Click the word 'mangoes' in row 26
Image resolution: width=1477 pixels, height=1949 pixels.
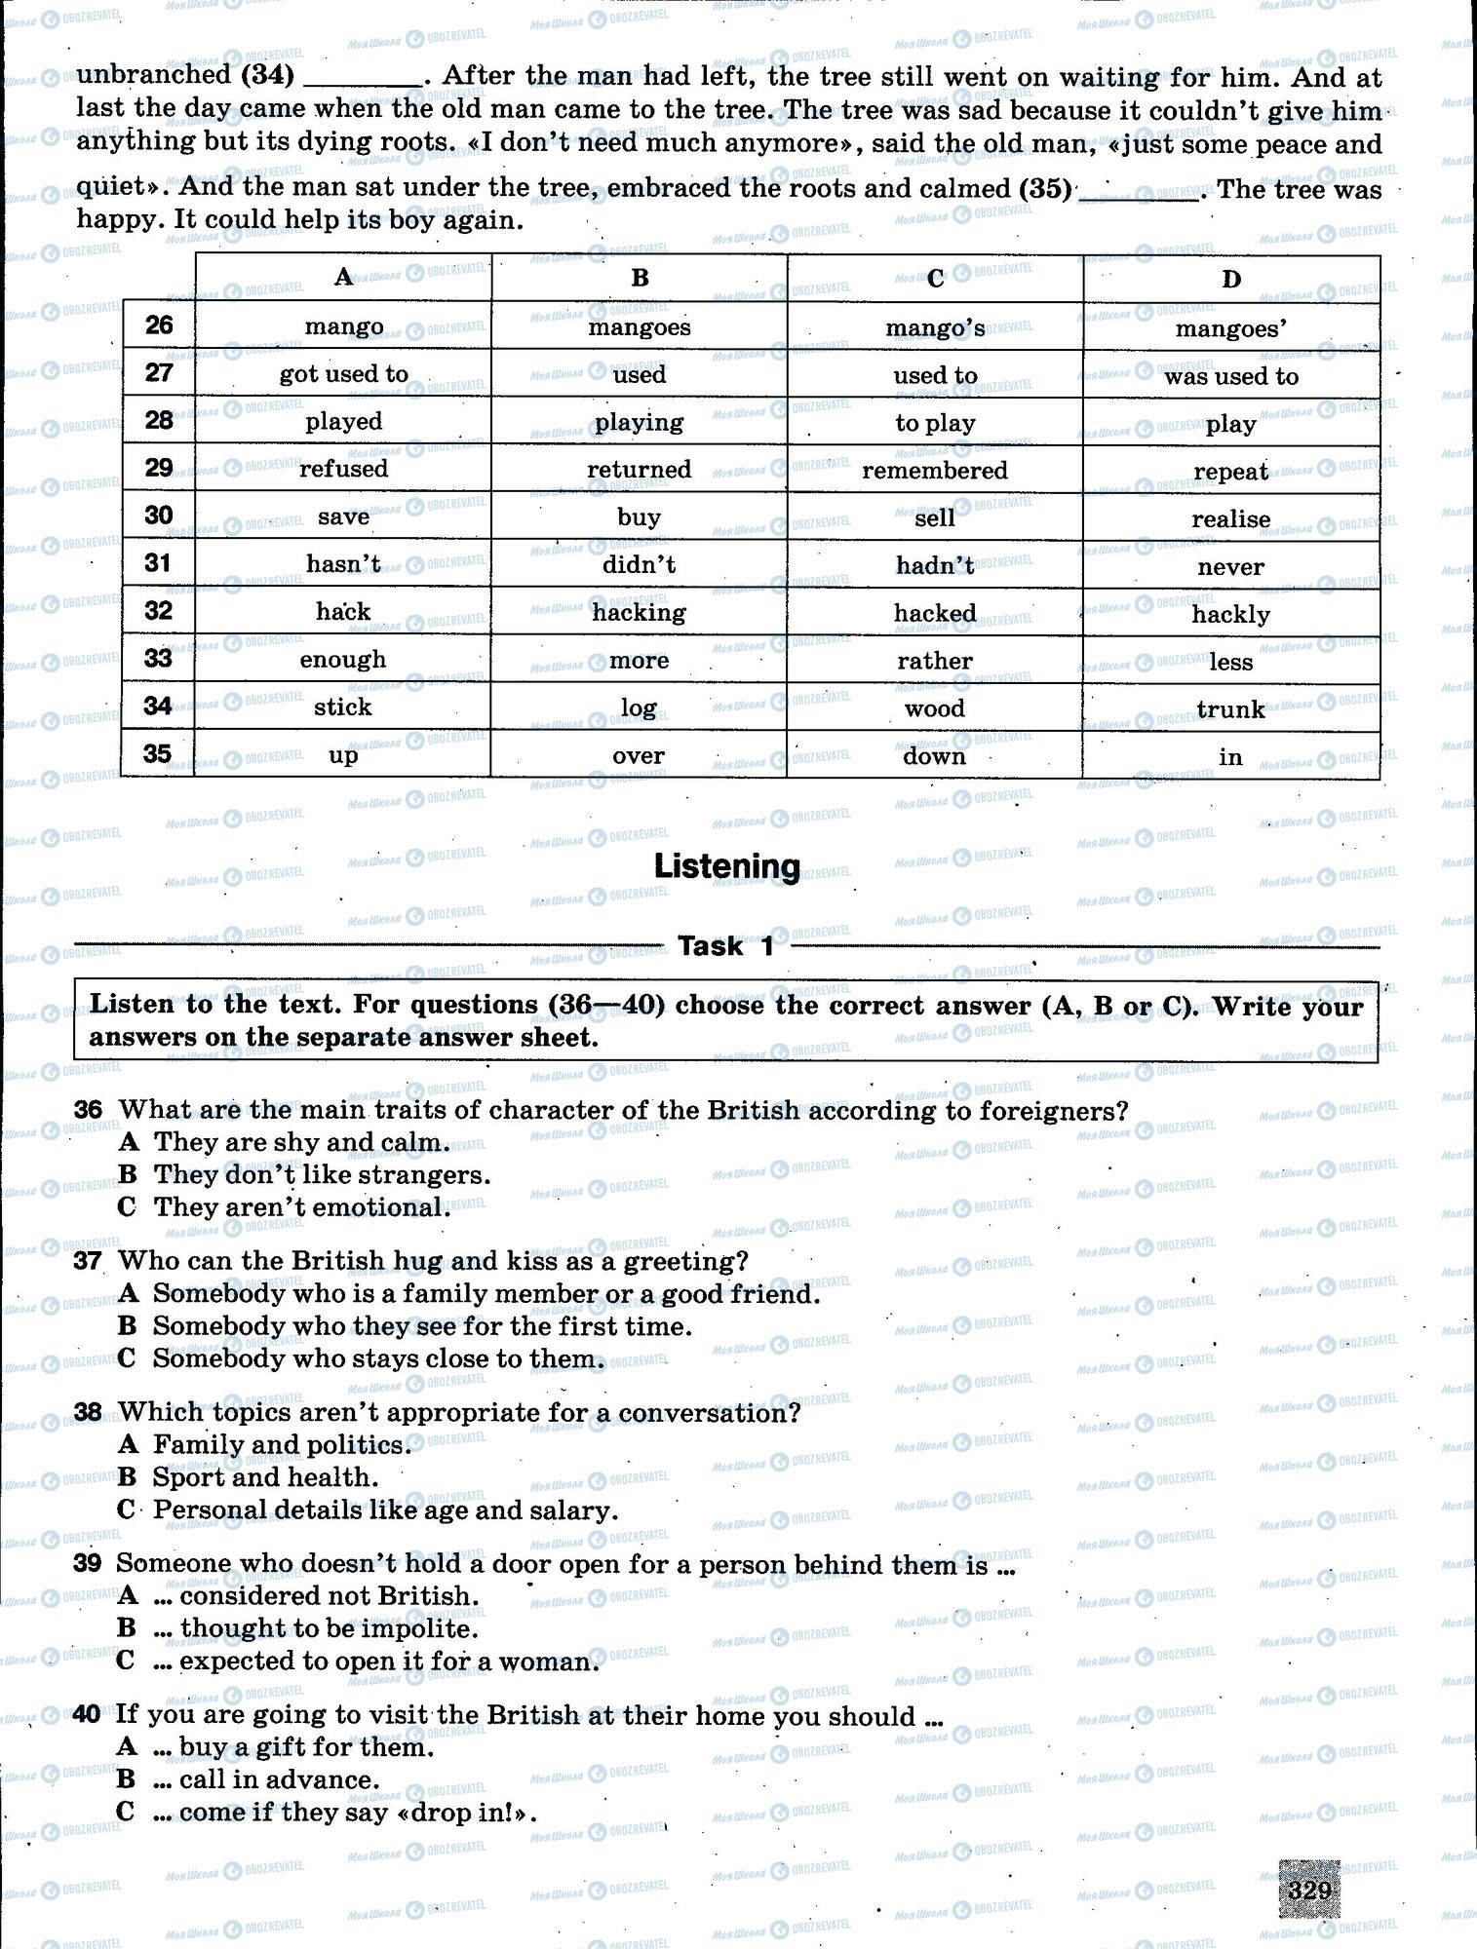point(639,327)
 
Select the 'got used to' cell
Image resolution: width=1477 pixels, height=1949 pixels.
point(343,374)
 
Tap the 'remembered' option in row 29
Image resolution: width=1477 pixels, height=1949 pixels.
point(934,471)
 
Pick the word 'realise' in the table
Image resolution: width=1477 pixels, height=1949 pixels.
point(1230,519)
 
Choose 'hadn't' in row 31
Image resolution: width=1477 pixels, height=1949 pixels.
point(934,566)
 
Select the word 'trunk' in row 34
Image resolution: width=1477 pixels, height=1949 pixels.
point(1230,709)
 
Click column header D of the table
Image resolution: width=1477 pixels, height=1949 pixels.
point(1230,280)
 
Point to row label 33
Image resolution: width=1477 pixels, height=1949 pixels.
point(158,659)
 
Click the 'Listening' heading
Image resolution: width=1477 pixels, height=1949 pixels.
point(726,866)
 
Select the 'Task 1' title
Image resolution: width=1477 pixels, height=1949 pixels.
point(726,946)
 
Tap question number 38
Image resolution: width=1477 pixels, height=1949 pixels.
point(88,1413)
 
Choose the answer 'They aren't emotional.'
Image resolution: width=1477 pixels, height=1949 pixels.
point(302,1207)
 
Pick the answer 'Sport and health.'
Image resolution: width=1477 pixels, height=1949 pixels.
point(265,1477)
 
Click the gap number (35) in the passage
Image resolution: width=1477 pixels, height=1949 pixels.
point(1045,189)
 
